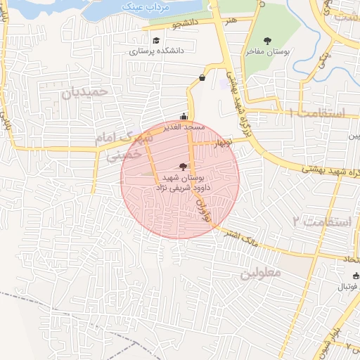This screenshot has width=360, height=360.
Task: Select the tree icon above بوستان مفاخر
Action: [x=266, y=41]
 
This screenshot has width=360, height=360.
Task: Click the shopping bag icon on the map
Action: [x=202, y=77]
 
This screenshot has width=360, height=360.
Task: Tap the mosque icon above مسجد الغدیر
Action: [x=184, y=117]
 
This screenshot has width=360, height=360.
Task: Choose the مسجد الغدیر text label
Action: [x=184, y=127]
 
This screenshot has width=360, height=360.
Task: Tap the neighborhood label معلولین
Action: [x=261, y=271]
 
